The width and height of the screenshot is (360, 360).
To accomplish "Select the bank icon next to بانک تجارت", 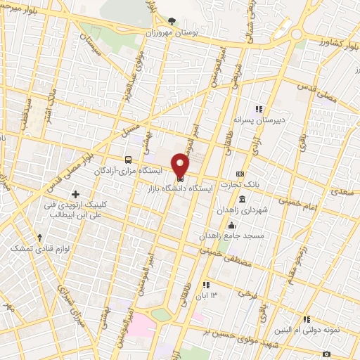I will click(240, 174).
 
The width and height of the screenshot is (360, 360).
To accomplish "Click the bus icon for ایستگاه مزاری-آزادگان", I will click(128, 160).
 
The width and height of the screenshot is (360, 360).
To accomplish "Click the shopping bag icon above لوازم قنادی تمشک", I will click(41, 238).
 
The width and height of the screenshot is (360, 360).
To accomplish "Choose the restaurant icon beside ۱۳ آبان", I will click(205, 285).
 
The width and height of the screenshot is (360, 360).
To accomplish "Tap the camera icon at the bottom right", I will click(326, 354).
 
